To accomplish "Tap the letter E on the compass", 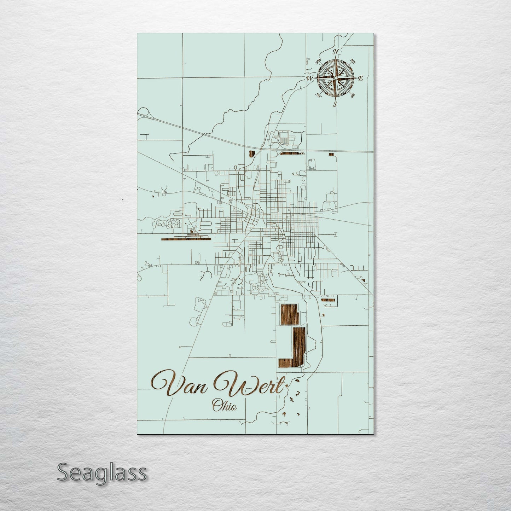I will (x=360, y=79).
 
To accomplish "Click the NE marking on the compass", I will (x=352, y=61).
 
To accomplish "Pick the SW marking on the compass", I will (x=319, y=95).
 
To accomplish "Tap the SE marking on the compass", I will (x=352, y=95).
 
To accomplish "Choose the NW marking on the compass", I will (x=318, y=61).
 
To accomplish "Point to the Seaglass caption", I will (x=101, y=472).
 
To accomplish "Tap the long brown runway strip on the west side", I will (x=185, y=239).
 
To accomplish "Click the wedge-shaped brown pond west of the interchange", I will (x=252, y=153).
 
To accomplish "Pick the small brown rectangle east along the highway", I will (x=331, y=154).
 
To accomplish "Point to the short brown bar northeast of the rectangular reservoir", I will (x=328, y=300).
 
